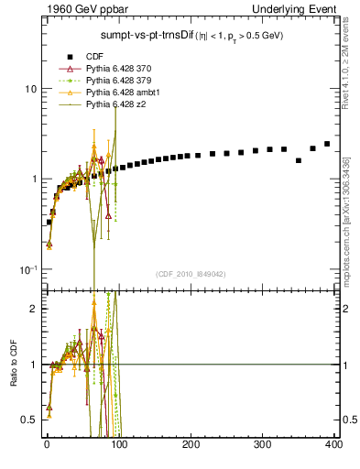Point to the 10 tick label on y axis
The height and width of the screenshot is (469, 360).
point(30,90)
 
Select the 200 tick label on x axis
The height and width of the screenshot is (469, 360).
point(191,443)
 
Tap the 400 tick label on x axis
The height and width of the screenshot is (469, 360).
point(333,443)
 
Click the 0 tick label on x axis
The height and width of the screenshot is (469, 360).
point(47,443)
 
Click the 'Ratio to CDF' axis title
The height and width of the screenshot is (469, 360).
point(12,361)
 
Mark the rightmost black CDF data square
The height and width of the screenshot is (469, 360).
point(327,144)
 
